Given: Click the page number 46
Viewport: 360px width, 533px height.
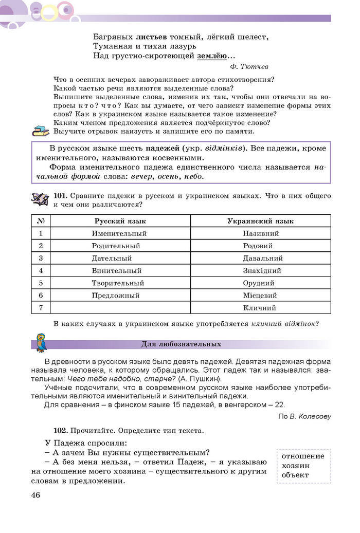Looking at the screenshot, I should tap(35, 495).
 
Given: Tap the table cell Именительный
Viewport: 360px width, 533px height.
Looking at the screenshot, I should tap(119, 233).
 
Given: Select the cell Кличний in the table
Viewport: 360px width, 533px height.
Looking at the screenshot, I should tap(260, 308).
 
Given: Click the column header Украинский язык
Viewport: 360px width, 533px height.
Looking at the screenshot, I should tap(260, 221).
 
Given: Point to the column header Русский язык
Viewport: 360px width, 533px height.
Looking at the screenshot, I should tap(120, 221).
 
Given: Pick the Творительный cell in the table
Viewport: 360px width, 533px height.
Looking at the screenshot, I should tap(118, 283).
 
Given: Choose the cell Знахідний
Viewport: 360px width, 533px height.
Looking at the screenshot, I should tap(262, 270).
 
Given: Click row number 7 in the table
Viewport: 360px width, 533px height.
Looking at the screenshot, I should tap(41, 308).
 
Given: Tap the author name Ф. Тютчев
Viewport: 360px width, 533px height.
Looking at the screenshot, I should tap(249, 66).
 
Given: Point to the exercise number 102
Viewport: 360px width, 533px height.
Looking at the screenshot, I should tap(60, 430).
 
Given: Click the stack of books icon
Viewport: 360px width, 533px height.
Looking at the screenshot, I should tap(40, 131).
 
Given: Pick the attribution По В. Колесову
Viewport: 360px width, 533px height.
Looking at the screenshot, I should tap(304, 416).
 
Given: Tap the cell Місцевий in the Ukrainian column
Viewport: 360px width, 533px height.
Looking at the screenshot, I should tap(260, 296).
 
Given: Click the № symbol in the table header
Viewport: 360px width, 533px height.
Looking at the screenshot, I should tap(41, 221).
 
